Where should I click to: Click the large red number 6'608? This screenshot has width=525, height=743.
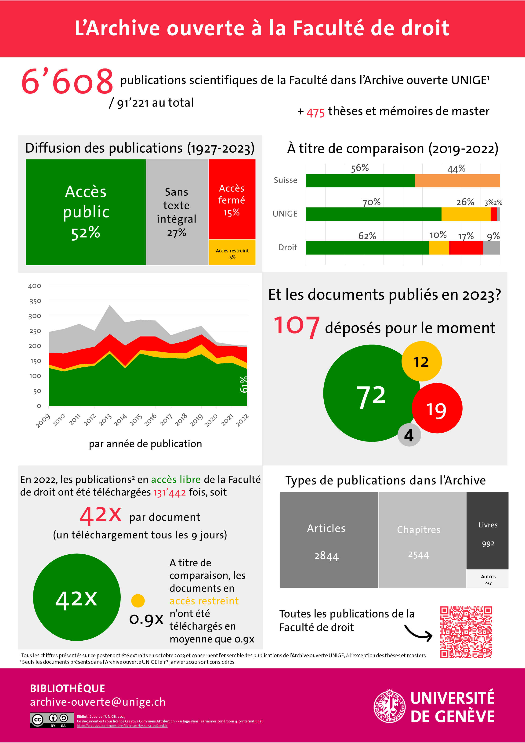67,82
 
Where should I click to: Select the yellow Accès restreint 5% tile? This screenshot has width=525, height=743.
232,253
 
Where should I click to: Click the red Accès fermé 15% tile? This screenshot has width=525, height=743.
232,199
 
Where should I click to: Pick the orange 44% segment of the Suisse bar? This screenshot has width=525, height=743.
457,181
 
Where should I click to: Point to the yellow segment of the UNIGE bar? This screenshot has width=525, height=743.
466,214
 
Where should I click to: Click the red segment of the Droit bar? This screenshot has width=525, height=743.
466,248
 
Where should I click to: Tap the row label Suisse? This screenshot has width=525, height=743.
285,180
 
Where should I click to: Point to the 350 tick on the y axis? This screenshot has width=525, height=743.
35,301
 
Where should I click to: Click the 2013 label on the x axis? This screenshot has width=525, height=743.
105,420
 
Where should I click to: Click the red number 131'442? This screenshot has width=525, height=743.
169,492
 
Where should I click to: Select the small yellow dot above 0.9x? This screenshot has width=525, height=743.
138,601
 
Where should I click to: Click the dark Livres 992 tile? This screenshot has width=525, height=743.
487,531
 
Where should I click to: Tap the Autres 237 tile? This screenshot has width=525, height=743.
487,579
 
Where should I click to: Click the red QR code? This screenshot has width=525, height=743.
466,632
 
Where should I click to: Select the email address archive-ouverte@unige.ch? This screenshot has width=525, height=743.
98,702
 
